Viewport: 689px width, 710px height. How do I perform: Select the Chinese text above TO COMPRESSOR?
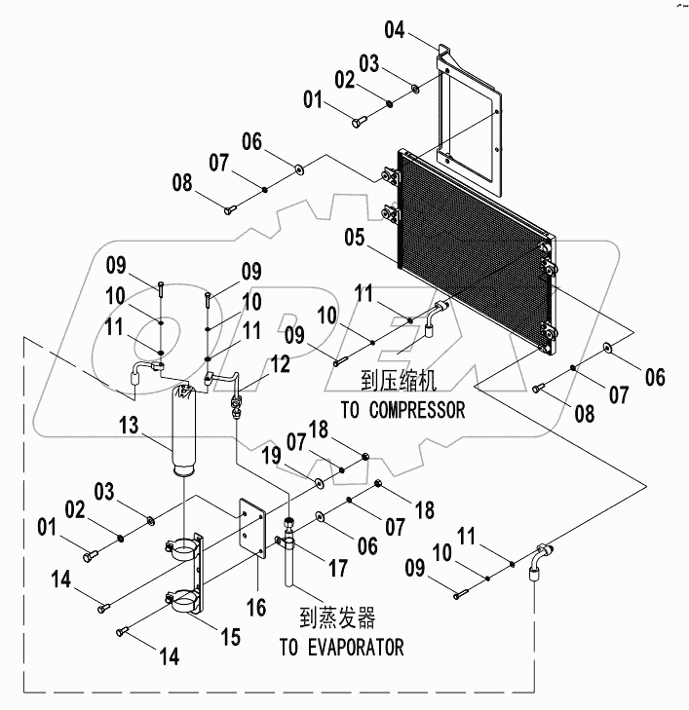click(396, 383)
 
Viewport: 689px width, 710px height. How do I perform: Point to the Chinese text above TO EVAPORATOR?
click(336, 618)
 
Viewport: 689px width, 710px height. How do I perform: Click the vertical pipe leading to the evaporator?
click(291, 560)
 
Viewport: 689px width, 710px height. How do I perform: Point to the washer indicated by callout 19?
click(319, 482)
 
